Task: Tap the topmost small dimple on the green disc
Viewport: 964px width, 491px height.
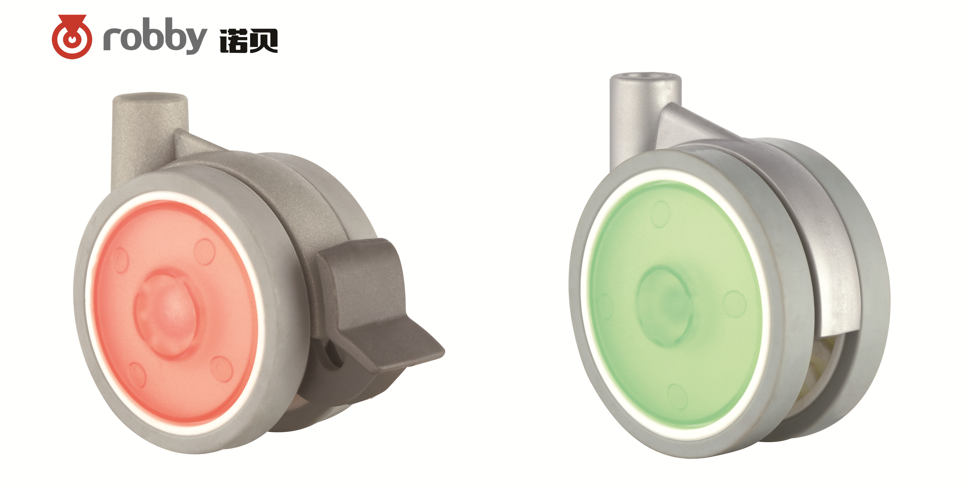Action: coord(660,213)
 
